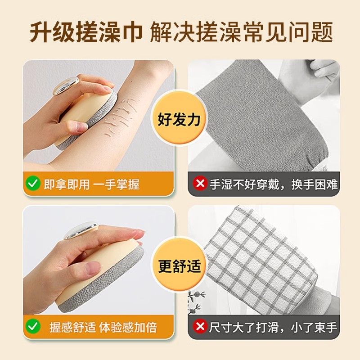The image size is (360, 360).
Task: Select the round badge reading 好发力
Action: [x=180, y=120]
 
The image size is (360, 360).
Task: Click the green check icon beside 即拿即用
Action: [x=33, y=184]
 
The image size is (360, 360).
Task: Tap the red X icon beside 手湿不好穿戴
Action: [x=200, y=184]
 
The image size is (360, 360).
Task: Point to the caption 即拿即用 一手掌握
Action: [x=92, y=184]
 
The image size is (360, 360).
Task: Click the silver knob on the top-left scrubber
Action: [x=65, y=85]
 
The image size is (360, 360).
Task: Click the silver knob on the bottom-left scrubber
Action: [x=81, y=230]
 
